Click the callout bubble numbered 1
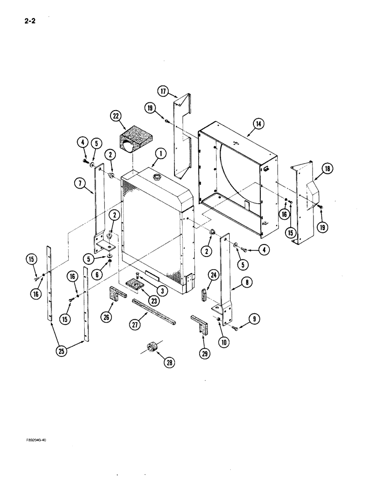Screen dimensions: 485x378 (161, 154)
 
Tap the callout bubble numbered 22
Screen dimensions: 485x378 (115, 116)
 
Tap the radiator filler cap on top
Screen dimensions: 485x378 (157, 176)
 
